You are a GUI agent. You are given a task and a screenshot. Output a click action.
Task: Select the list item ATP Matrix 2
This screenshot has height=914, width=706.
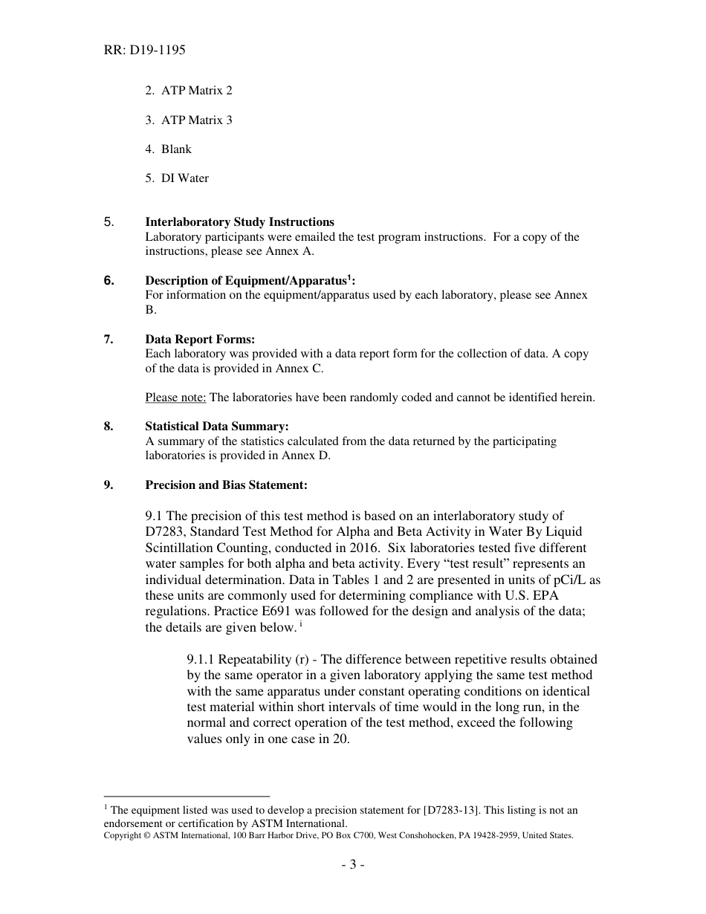coord(189,91)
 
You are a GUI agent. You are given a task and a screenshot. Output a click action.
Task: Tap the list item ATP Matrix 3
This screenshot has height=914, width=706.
coord(189,120)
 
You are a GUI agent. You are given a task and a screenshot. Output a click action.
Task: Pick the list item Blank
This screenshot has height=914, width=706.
coord(169,149)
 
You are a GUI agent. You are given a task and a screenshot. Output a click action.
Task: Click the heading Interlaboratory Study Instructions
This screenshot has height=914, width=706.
coord(239,222)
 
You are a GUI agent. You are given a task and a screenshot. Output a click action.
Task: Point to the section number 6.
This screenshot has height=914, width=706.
coord(109,281)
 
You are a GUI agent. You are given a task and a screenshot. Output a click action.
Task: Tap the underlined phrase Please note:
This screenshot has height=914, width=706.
coord(175,398)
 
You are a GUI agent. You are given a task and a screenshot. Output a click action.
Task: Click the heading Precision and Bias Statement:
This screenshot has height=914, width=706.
coord(226,485)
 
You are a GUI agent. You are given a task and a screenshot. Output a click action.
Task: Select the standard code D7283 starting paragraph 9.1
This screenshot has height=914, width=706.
coord(165,531)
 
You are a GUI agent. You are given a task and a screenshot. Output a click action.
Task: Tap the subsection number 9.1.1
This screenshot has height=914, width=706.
coord(201,660)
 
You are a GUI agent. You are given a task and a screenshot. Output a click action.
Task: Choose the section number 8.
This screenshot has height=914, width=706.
coord(109,427)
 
